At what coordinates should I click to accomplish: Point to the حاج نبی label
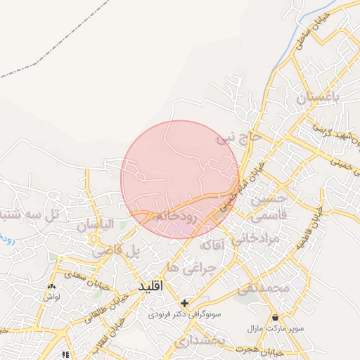(238, 138)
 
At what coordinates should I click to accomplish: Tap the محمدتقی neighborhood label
(264, 288)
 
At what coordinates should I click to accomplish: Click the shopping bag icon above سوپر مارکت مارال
(274, 318)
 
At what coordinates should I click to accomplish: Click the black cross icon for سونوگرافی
(184, 303)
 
